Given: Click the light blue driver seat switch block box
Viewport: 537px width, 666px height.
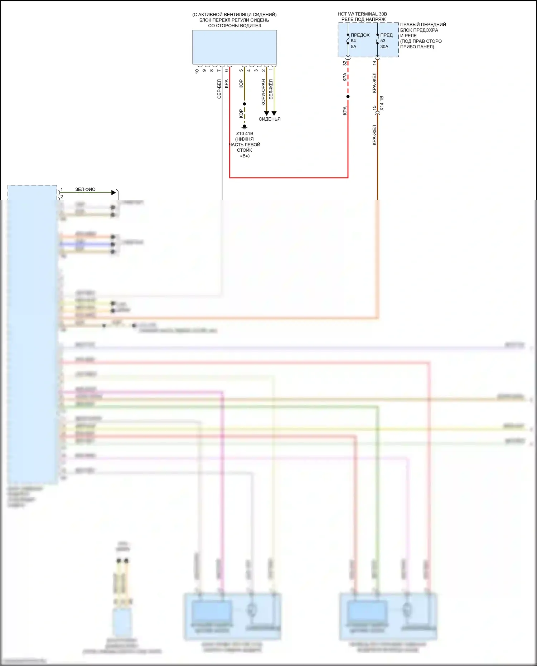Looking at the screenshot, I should [234, 47].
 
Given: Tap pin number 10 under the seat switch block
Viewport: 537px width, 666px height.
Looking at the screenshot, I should [197, 71].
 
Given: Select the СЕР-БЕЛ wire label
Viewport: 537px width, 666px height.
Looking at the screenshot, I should [219, 89].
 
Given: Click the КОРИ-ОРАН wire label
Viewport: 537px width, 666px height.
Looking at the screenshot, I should [263, 92].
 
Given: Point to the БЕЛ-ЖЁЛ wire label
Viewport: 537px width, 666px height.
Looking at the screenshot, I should [271, 89].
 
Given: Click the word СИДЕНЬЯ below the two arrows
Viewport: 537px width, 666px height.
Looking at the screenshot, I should [270, 119].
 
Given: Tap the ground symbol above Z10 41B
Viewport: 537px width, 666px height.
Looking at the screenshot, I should [245, 127].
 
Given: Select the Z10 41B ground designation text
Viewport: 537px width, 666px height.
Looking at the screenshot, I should [245, 133].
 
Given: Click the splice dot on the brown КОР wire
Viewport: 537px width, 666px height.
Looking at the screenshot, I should [245, 104].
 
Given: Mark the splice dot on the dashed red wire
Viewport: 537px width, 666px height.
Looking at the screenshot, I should [348, 97].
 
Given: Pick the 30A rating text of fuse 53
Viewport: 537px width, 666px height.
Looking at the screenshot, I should [384, 47].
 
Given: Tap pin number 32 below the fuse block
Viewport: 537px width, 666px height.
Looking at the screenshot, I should [345, 63].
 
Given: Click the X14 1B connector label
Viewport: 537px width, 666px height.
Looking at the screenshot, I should [382, 103].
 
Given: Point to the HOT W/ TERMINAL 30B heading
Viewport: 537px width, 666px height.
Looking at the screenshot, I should [362, 14].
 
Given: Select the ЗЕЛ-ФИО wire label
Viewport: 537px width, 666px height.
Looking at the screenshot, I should [85, 189].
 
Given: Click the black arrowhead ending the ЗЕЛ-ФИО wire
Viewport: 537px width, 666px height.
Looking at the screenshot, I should [114, 193].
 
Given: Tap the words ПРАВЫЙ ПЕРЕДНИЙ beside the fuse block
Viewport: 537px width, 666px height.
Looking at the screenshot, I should [423, 24].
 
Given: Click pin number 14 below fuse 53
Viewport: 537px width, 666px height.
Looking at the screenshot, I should [374, 63].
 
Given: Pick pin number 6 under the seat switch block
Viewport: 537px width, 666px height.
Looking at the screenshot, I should [226, 71].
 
